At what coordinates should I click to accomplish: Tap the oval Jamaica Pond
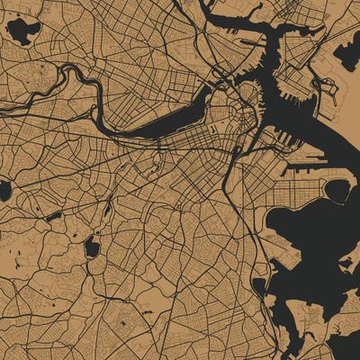[91, 247]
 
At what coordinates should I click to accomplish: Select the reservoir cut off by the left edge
[4, 191]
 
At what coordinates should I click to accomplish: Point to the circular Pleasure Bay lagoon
[337, 190]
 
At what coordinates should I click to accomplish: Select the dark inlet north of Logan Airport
[346, 56]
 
